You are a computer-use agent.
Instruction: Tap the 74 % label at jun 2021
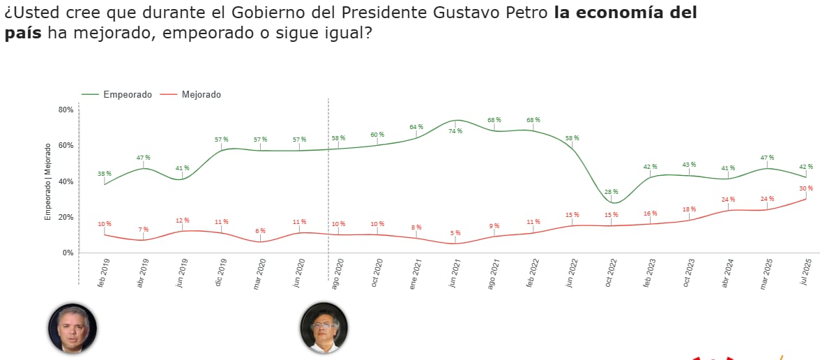click(x=455, y=130)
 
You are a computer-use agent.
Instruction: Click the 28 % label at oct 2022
click(x=612, y=191)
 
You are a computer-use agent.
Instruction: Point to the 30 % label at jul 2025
click(x=806, y=188)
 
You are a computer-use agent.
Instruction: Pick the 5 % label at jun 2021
click(x=455, y=233)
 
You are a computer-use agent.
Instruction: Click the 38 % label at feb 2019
click(x=105, y=174)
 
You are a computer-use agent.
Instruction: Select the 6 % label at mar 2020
click(x=261, y=231)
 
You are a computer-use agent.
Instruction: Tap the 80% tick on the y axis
click(x=66, y=110)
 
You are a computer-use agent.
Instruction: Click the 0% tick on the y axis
click(x=68, y=253)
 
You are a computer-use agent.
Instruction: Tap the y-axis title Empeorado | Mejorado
click(x=48, y=181)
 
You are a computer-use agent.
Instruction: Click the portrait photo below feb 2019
click(x=72, y=327)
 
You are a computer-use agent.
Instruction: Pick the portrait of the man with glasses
click(x=324, y=327)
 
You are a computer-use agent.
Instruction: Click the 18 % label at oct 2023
click(x=689, y=209)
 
